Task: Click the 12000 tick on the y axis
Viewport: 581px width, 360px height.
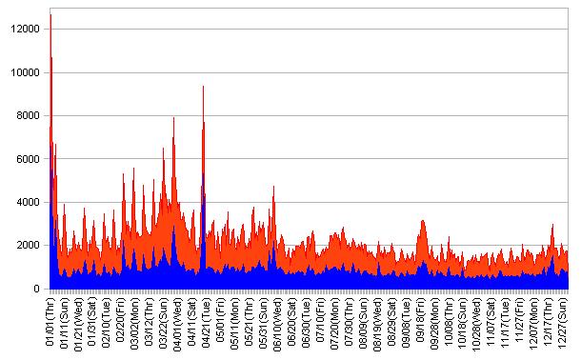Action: tap(26, 29)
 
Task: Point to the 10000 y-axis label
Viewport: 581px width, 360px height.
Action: tap(26, 72)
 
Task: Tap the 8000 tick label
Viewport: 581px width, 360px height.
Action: tap(28, 116)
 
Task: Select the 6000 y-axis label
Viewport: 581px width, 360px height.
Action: tap(28, 159)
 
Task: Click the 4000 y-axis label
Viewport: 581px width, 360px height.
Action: tap(28, 202)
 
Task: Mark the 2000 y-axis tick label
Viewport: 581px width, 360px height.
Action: tap(28, 245)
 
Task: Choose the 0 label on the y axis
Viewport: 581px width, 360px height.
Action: tap(37, 289)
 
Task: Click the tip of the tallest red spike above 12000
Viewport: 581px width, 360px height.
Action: tap(50, 15)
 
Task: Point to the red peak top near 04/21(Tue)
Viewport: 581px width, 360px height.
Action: tap(203, 86)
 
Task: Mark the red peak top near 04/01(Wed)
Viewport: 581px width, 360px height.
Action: tap(173, 117)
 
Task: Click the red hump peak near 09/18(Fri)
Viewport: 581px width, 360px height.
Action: tap(423, 220)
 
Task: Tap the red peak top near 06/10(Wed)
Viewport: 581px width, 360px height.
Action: tap(273, 186)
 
